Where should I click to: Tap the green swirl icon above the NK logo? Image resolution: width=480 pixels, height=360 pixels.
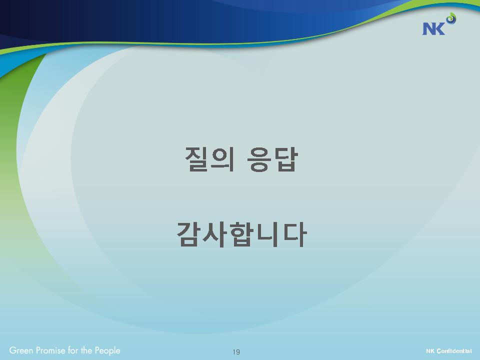click(x=451, y=18)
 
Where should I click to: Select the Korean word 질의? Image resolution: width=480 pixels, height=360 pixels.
click(x=210, y=159)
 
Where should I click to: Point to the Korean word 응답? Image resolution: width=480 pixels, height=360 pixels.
click(x=272, y=159)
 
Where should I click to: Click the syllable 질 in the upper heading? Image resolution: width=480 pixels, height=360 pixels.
click(x=197, y=159)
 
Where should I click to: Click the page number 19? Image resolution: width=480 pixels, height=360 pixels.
click(x=236, y=351)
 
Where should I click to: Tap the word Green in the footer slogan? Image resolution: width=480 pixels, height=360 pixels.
click(x=21, y=350)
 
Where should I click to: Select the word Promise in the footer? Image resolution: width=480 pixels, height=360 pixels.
click(x=51, y=350)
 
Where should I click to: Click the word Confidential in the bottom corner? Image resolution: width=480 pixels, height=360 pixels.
click(x=454, y=351)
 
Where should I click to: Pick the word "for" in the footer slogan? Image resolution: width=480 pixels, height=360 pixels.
click(x=73, y=350)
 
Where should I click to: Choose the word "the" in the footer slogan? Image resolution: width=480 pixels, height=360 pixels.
click(x=86, y=350)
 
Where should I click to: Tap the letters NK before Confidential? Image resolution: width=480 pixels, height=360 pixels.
click(x=430, y=351)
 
